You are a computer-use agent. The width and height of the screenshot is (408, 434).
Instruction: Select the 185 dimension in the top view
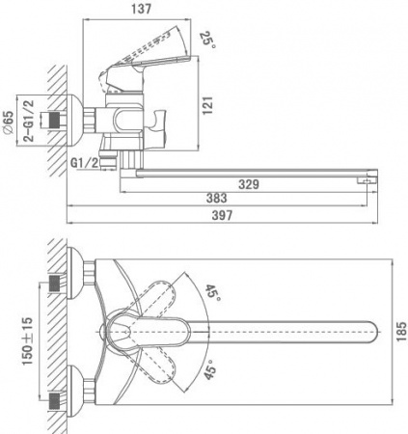tap(387, 328)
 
